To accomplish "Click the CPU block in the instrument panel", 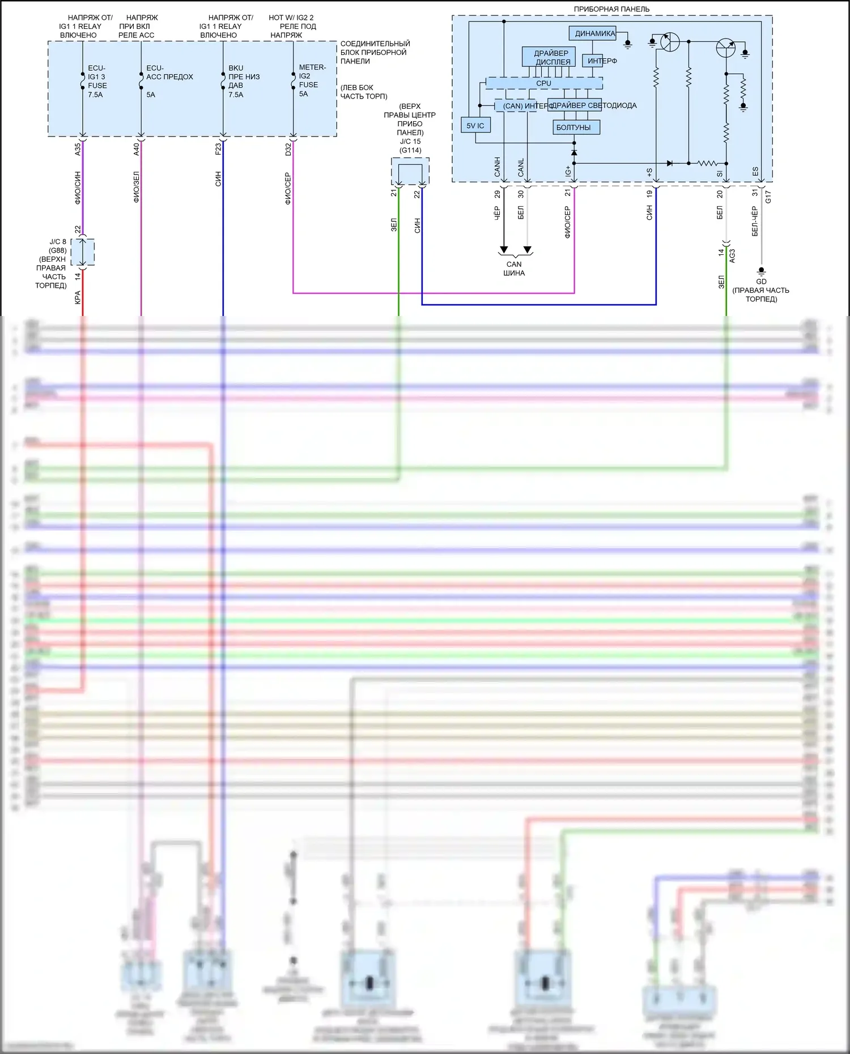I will coord(544,83).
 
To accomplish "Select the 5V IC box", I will coord(475,126).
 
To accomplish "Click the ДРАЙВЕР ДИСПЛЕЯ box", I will coord(549,57).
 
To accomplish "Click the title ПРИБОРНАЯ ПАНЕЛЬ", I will coord(611,9).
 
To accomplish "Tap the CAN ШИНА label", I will coord(514,268).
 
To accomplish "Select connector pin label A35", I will coord(78,150).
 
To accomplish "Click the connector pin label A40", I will coord(137,150).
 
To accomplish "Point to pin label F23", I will coord(218,150).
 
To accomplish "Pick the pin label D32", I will coord(288,150).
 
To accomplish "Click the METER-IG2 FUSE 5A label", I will coord(311,80).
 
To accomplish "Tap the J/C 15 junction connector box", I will coord(410,171).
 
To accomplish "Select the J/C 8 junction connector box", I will coord(83,252).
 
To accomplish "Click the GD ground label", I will coord(761,281).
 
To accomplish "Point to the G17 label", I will coord(768,197).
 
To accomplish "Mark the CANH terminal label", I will coord(498,167).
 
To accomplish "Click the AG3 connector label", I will coord(732,256).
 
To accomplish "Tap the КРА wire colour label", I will coord(78,297).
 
